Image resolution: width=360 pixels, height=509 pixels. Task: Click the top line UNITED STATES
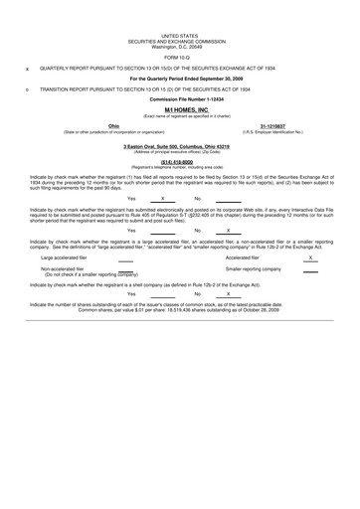click(180, 6)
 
